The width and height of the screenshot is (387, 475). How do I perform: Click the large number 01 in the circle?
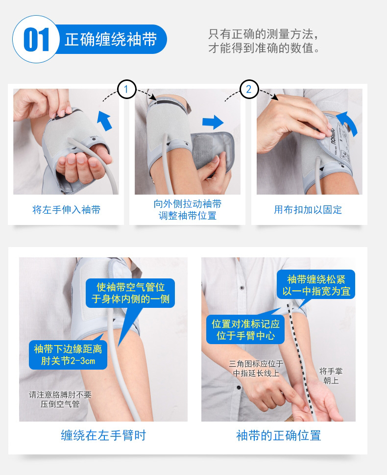[x=36, y=39]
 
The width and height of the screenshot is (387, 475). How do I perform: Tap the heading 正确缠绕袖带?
[x=111, y=39]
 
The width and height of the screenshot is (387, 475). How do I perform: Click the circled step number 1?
[x=126, y=89]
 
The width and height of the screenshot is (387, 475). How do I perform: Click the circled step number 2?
[x=249, y=89]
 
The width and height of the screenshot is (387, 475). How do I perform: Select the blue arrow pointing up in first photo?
[x=104, y=120]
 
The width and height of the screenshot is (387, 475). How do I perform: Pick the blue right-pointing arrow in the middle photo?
[x=213, y=122]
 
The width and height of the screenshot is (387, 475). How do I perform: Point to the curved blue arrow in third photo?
[x=348, y=123]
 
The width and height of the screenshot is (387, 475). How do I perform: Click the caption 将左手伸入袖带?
[x=66, y=210]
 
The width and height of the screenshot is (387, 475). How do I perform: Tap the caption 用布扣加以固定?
[x=308, y=210]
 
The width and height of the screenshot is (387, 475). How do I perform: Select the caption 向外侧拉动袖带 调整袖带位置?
[x=188, y=210]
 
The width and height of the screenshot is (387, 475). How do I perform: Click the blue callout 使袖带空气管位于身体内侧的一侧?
[x=130, y=293]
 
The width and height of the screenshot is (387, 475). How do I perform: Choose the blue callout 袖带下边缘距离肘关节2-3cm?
[x=68, y=355]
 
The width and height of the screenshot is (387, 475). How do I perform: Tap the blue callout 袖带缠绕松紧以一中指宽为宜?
[x=316, y=285]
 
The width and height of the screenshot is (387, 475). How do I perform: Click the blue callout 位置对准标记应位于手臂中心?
[x=245, y=329]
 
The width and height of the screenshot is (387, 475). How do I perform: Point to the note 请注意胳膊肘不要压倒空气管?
[x=60, y=400]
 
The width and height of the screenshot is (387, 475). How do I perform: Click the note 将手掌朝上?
[x=331, y=375]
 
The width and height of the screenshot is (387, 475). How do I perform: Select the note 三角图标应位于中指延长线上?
[x=256, y=368]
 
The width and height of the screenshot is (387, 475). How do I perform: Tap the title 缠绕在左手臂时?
[x=103, y=435]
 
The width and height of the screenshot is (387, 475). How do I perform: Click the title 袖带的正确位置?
[x=278, y=436]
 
